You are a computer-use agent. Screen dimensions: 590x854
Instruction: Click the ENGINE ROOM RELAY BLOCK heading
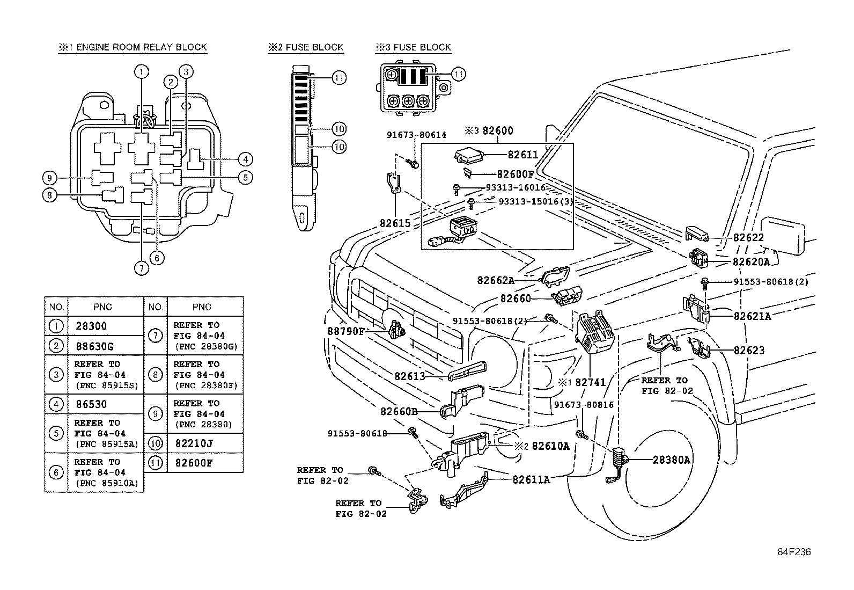[x=132, y=47]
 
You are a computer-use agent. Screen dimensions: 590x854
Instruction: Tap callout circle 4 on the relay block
[x=245, y=159]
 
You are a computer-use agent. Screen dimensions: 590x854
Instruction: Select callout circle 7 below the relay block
[x=141, y=267]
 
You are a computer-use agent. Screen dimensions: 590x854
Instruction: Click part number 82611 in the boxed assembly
[x=522, y=155]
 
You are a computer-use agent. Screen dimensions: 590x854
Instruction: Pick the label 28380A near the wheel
[x=672, y=460]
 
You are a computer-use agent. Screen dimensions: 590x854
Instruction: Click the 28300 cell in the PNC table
[x=91, y=326]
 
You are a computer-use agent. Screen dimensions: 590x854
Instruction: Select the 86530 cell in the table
[x=91, y=404]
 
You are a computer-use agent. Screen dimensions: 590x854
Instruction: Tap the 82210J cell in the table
[x=194, y=443]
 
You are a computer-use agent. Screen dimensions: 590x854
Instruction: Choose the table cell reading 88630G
[x=94, y=346]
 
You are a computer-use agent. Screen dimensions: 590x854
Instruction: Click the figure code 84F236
[x=794, y=552]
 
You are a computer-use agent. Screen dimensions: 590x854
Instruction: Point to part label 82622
[x=748, y=238]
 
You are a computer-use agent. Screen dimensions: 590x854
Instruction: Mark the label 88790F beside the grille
[x=346, y=331]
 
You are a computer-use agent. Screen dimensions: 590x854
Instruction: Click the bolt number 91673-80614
[x=416, y=135]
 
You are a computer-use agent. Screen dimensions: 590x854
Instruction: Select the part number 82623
[x=749, y=351]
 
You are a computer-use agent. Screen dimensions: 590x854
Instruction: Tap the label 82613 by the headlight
[x=410, y=376]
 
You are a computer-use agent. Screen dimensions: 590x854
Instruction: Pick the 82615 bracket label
[x=395, y=222]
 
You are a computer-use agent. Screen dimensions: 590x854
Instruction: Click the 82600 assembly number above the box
[x=497, y=131]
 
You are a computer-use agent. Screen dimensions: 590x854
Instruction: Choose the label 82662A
[x=496, y=280]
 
